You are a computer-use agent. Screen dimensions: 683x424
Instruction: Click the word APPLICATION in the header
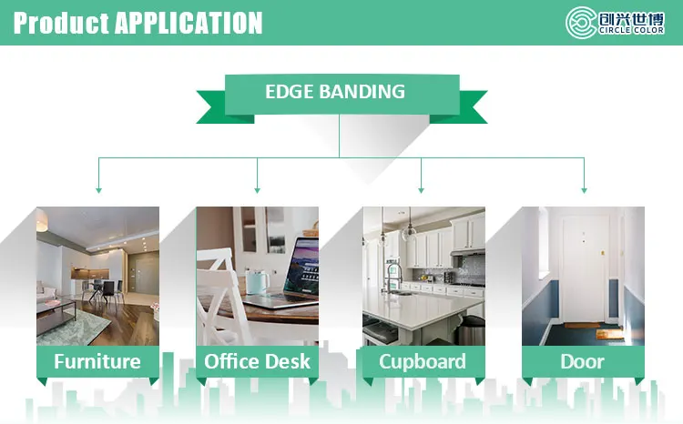point(189,23)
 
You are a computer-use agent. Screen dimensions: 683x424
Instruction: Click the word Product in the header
point(61,23)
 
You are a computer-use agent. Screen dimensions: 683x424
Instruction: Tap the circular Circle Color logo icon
point(581,23)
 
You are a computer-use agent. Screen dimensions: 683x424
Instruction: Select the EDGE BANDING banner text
point(335,91)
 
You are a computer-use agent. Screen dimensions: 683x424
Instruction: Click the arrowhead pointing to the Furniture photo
point(98,190)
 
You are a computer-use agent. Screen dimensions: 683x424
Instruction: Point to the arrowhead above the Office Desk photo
point(257,190)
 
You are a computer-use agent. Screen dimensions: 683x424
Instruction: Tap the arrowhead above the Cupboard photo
point(421,190)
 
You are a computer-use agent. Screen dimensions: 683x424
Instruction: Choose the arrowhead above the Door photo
point(584,190)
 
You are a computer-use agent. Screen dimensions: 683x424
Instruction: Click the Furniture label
point(97,361)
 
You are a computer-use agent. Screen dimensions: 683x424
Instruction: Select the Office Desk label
point(257,361)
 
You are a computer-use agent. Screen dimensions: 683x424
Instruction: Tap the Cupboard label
point(422,362)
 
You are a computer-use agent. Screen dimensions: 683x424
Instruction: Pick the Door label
point(583,361)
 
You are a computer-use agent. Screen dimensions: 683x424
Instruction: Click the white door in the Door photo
point(584,270)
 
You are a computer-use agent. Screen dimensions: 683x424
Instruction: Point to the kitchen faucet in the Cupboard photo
point(392,277)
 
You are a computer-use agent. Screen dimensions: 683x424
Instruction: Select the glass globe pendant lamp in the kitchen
point(409,233)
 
